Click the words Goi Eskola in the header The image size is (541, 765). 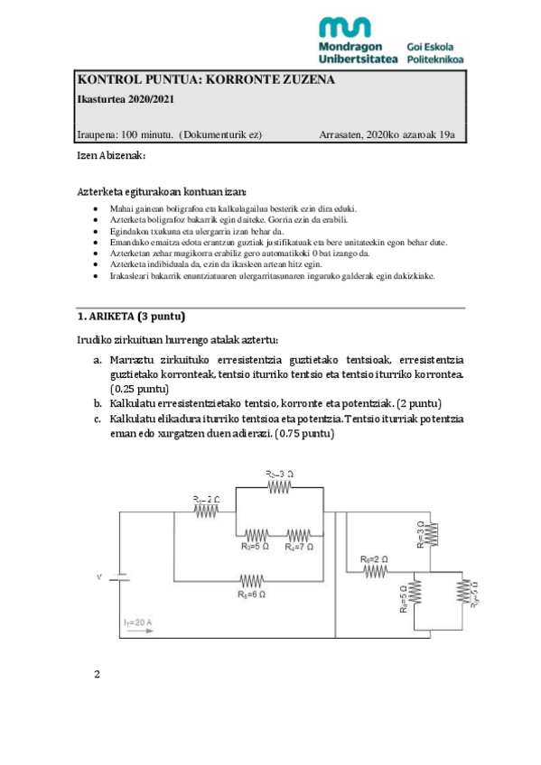pos(430,46)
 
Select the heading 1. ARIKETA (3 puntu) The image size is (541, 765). pos(132,317)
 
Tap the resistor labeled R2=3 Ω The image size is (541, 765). pos(277,487)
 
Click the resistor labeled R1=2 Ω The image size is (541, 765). pos(207,510)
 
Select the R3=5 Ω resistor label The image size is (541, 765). pos(257,546)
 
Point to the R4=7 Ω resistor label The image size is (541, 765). pos(300,546)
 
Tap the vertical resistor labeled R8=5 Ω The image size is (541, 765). pos(415,592)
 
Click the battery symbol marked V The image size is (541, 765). pos(120,575)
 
